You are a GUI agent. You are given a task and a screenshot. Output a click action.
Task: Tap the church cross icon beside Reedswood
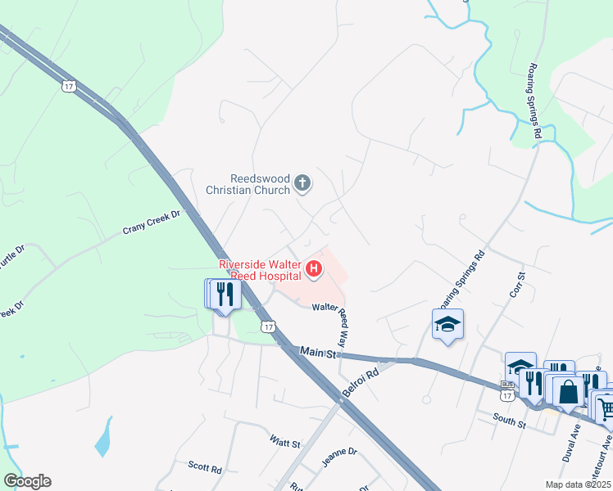302,183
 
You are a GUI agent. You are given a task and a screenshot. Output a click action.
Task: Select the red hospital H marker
312,268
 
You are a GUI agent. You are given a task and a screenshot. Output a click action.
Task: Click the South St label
509,421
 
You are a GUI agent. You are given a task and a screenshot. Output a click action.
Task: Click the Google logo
27,481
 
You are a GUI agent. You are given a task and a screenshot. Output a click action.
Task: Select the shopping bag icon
568,391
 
